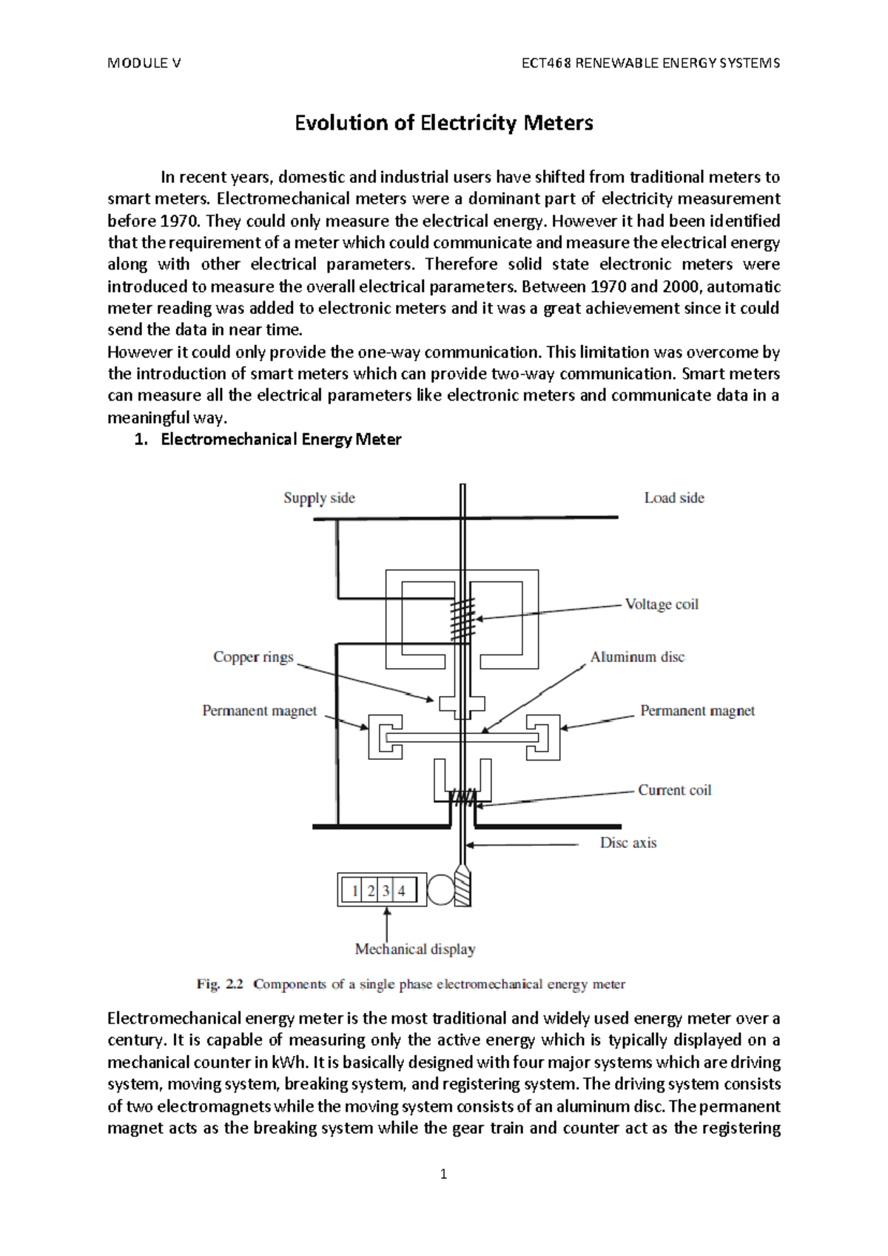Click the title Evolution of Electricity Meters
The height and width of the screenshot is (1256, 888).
(443, 123)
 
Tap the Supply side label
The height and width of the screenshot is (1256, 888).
(319, 498)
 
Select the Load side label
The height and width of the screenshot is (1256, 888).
(673, 498)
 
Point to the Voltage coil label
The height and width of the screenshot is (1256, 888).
(661, 604)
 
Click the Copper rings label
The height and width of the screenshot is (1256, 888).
(253, 657)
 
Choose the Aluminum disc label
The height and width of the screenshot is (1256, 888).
(636, 657)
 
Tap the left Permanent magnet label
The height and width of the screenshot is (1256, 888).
(259, 711)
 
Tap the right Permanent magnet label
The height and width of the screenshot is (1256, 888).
(697, 711)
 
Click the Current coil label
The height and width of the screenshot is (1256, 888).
(674, 790)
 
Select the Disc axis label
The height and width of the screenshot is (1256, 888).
(628, 843)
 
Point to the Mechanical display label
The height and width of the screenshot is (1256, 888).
(415, 949)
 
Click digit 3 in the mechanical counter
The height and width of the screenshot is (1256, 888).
(386, 891)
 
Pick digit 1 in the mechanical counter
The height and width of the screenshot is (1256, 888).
(355, 891)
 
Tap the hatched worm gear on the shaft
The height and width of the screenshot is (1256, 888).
(462, 886)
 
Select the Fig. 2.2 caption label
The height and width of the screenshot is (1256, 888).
(219, 984)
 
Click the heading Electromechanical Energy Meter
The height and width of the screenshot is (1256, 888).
(280, 440)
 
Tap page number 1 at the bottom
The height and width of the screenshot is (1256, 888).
(443, 1175)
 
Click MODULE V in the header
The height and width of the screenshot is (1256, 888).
(144, 63)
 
